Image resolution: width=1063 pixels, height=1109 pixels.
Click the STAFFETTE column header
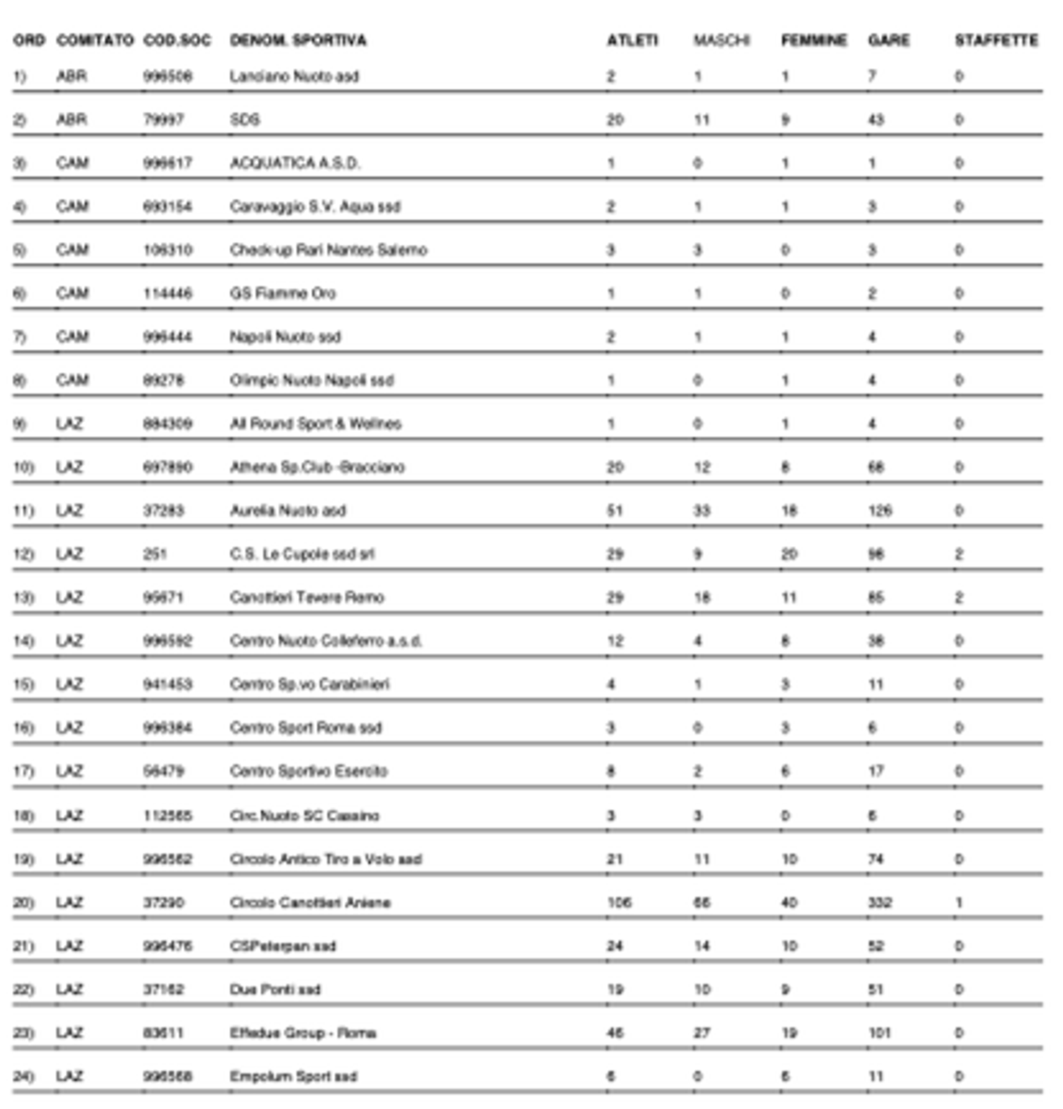coord(995,40)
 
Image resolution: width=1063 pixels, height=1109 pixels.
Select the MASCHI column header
coord(721,40)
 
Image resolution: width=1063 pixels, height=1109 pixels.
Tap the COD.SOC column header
coord(177,40)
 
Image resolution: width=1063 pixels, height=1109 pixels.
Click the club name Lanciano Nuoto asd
coord(294,76)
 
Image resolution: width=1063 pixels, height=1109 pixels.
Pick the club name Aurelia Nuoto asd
coord(287,510)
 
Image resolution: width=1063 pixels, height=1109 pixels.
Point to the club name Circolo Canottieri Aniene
coord(310,902)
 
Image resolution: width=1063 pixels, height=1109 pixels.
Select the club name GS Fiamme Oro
coord(282,293)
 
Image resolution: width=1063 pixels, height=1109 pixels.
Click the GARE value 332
coord(880,902)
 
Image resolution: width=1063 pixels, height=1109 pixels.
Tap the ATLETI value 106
coord(619,902)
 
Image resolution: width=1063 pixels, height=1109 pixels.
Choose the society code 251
coord(154,554)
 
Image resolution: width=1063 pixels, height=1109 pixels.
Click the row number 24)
coord(23,1076)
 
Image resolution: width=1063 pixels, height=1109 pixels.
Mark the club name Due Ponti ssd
coord(275,989)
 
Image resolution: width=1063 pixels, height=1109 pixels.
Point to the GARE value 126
coord(880,510)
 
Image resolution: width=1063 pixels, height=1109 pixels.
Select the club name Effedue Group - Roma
coord(303,1033)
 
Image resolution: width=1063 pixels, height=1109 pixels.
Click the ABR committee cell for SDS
coord(71,120)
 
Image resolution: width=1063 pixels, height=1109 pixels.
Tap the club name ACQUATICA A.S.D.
coord(295,163)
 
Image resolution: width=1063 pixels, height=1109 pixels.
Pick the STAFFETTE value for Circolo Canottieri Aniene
coord(959,902)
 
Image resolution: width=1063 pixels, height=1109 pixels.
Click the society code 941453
coord(167,684)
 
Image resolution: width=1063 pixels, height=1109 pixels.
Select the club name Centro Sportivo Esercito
coord(308,771)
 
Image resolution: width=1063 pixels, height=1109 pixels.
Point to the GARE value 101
coord(879,1033)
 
